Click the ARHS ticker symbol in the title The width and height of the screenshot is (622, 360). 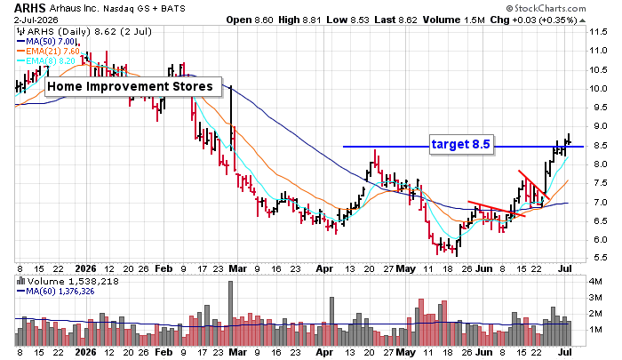pyautogui.click(x=30, y=8)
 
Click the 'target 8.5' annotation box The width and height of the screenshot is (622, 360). pyautogui.click(x=460, y=144)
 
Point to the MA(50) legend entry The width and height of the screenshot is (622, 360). pyautogui.click(x=45, y=42)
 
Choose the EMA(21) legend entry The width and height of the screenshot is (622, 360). pyautogui.click(x=48, y=52)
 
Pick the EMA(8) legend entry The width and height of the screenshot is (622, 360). pyautogui.click(x=45, y=60)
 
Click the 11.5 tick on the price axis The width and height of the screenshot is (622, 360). pyautogui.click(x=598, y=32)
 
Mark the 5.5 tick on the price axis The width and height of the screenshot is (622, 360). pyautogui.click(x=598, y=258)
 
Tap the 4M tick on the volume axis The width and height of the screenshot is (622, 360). pyautogui.click(x=595, y=282)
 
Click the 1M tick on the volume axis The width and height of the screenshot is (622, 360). pyautogui.click(x=595, y=330)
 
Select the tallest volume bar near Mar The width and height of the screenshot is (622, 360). pyautogui.click(x=230, y=313)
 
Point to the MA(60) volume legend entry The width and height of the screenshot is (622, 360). pyautogui.click(x=55, y=292)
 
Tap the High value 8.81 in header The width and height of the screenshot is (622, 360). pyautogui.click(x=300, y=20)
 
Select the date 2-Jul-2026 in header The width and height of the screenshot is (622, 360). pyautogui.click(x=36, y=20)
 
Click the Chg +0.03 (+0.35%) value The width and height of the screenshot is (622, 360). pyautogui.click(x=533, y=20)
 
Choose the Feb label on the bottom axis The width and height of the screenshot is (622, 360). pyautogui.click(x=163, y=268)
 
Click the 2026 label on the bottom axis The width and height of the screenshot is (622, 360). pyautogui.click(x=85, y=268)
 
